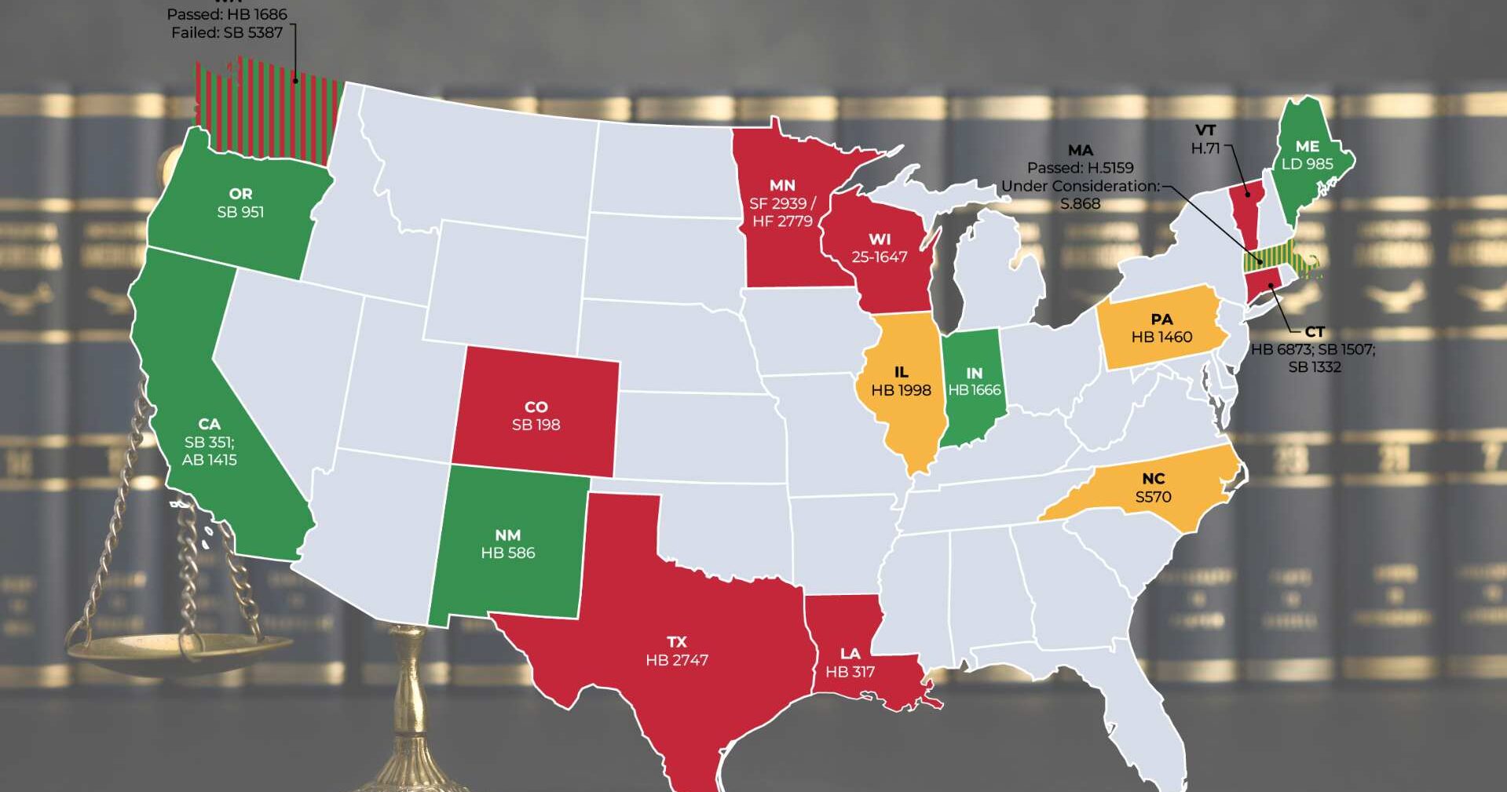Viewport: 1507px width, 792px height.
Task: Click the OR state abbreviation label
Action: (x=240, y=194)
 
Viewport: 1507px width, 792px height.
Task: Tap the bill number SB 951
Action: (x=240, y=212)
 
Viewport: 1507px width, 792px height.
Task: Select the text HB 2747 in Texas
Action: (x=677, y=660)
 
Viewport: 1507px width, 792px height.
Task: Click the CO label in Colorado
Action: (x=536, y=407)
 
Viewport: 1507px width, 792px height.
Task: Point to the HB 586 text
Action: (x=508, y=553)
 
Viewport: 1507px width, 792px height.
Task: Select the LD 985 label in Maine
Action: (x=1307, y=164)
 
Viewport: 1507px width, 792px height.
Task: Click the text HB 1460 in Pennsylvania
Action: (x=1161, y=337)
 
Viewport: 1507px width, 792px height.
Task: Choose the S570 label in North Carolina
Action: (x=1153, y=496)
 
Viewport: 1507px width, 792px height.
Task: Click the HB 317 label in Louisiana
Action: (x=850, y=672)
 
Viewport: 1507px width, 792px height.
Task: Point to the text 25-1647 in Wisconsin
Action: (x=879, y=257)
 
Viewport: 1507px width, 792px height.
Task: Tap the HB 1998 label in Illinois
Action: (x=901, y=390)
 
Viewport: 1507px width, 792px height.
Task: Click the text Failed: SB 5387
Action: (x=227, y=32)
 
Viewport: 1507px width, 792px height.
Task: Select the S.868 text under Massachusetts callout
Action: (x=1080, y=204)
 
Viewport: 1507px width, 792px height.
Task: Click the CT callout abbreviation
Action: (x=1314, y=332)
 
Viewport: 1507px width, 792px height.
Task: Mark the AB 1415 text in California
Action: (x=209, y=460)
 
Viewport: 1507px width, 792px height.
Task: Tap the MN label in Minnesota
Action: (x=782, y=185)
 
